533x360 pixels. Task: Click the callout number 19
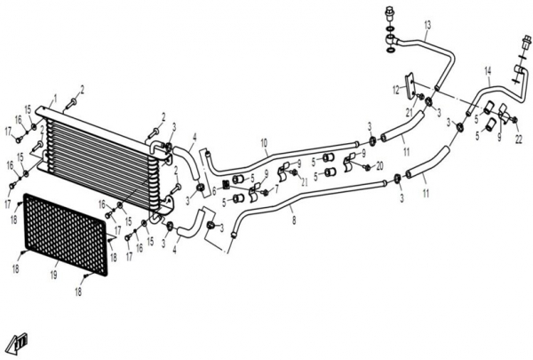(53, 275)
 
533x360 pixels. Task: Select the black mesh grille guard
(65, 235)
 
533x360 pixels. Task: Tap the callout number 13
(427, 25)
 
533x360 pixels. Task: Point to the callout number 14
(488, 71)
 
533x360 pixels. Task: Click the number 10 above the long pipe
(265, 143)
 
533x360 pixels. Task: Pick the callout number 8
(294, 220)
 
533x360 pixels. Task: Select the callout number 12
(396, 90)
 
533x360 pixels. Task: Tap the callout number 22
(519, 140)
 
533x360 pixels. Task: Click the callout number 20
(379, 165)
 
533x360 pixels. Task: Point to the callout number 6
(214, 191)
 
